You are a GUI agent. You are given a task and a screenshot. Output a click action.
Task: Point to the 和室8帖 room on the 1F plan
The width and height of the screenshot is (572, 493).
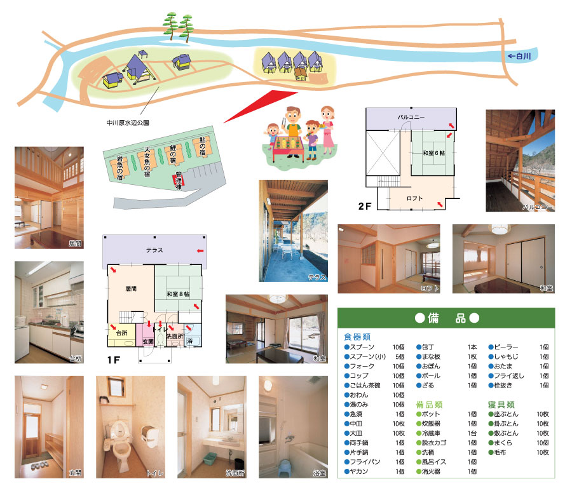coord(178,294)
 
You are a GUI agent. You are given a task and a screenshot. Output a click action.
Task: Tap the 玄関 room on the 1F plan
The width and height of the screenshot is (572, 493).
coord(147,341)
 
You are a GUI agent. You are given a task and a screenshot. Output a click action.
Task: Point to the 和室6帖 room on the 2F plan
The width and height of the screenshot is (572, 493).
coord(433,153)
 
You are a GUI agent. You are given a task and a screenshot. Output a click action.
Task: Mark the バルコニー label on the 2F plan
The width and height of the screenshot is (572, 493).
coord(411,118)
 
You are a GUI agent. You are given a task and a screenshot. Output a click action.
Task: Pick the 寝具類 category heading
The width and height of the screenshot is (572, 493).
coord(501,404)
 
